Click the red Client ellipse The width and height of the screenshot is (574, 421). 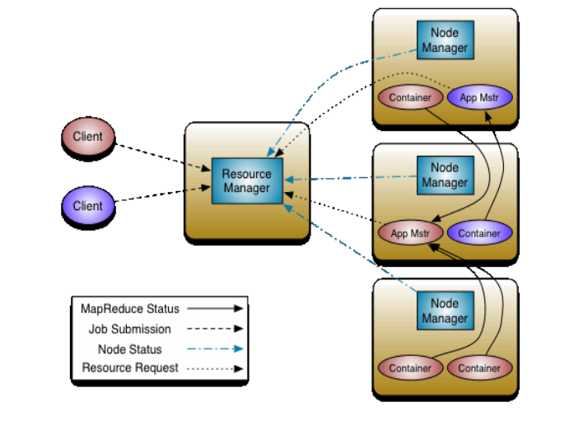[x=88, y=136]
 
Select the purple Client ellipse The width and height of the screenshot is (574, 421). [x=88, y=206]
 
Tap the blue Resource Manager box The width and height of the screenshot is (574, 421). [x=246, y=181]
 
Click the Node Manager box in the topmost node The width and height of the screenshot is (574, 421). [x=445, y=40]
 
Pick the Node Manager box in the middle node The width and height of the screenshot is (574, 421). [x=445, y=175]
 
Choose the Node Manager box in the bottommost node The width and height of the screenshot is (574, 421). [x=445, y=311]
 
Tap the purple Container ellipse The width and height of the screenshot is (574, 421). [x=479, y=233]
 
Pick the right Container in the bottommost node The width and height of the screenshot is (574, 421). [x=479, y=368]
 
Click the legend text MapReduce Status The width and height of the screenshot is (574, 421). [x=130, y=309]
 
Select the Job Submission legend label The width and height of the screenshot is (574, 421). [x=130, y=329]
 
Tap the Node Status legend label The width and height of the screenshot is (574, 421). [x=128, y=348]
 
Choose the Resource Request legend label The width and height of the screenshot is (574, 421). [x=130, y=367]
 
